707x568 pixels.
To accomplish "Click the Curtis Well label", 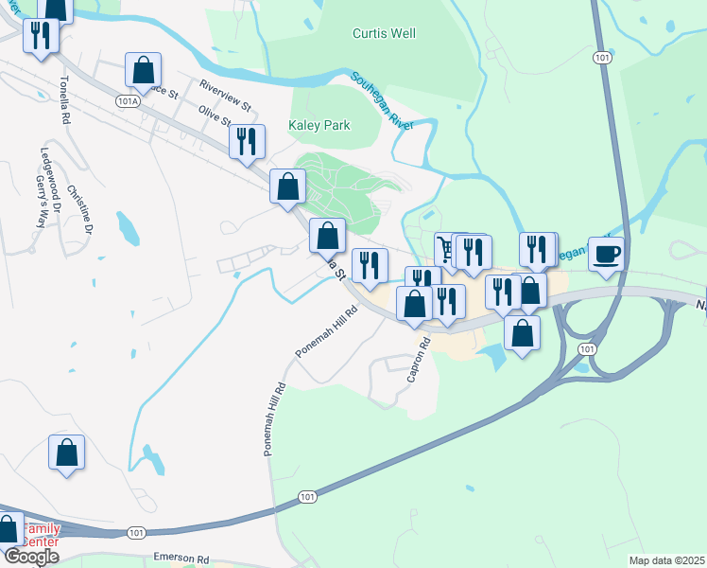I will [384, 33].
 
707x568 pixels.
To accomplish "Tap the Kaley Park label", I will [319, 125].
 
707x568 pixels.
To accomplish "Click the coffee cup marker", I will [606, 253].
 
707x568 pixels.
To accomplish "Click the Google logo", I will [31, 557].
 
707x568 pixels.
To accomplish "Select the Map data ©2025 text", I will [665, 560].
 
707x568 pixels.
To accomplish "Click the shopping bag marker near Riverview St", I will [143, 69].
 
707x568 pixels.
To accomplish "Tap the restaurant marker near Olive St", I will [247, 142].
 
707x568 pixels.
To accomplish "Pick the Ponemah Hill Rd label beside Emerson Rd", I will [274, 419].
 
